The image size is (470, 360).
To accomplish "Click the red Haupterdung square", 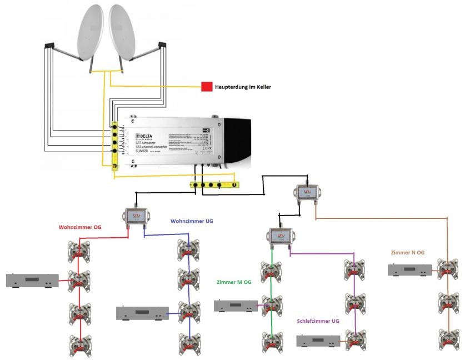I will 207,87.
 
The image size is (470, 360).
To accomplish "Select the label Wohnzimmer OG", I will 80,227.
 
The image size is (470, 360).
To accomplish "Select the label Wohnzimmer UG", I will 192,221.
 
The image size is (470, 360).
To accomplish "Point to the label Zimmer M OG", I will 234,282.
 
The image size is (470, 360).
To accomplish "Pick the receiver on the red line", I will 32,281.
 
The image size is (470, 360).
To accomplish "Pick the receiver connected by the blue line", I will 142,313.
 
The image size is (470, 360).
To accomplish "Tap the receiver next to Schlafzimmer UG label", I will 318,341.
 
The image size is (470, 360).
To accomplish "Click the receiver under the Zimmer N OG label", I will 411,271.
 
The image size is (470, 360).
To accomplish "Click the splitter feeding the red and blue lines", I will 136,215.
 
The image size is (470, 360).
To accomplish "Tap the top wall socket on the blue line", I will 188,251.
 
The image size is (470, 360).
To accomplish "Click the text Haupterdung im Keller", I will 243,87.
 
